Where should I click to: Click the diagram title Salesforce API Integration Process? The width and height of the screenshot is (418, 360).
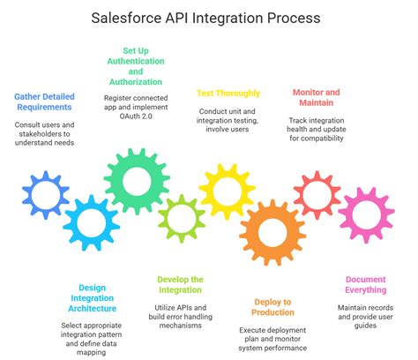click(209, 18)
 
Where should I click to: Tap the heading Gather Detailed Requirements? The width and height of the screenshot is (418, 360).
click(44, 103)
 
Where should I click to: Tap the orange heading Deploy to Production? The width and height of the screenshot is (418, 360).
click(272, 306)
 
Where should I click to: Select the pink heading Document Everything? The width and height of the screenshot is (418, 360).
click(365, 285)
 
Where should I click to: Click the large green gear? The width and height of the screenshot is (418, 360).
click(136, 182)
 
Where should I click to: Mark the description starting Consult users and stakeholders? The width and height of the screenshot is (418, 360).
click(44, 134)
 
